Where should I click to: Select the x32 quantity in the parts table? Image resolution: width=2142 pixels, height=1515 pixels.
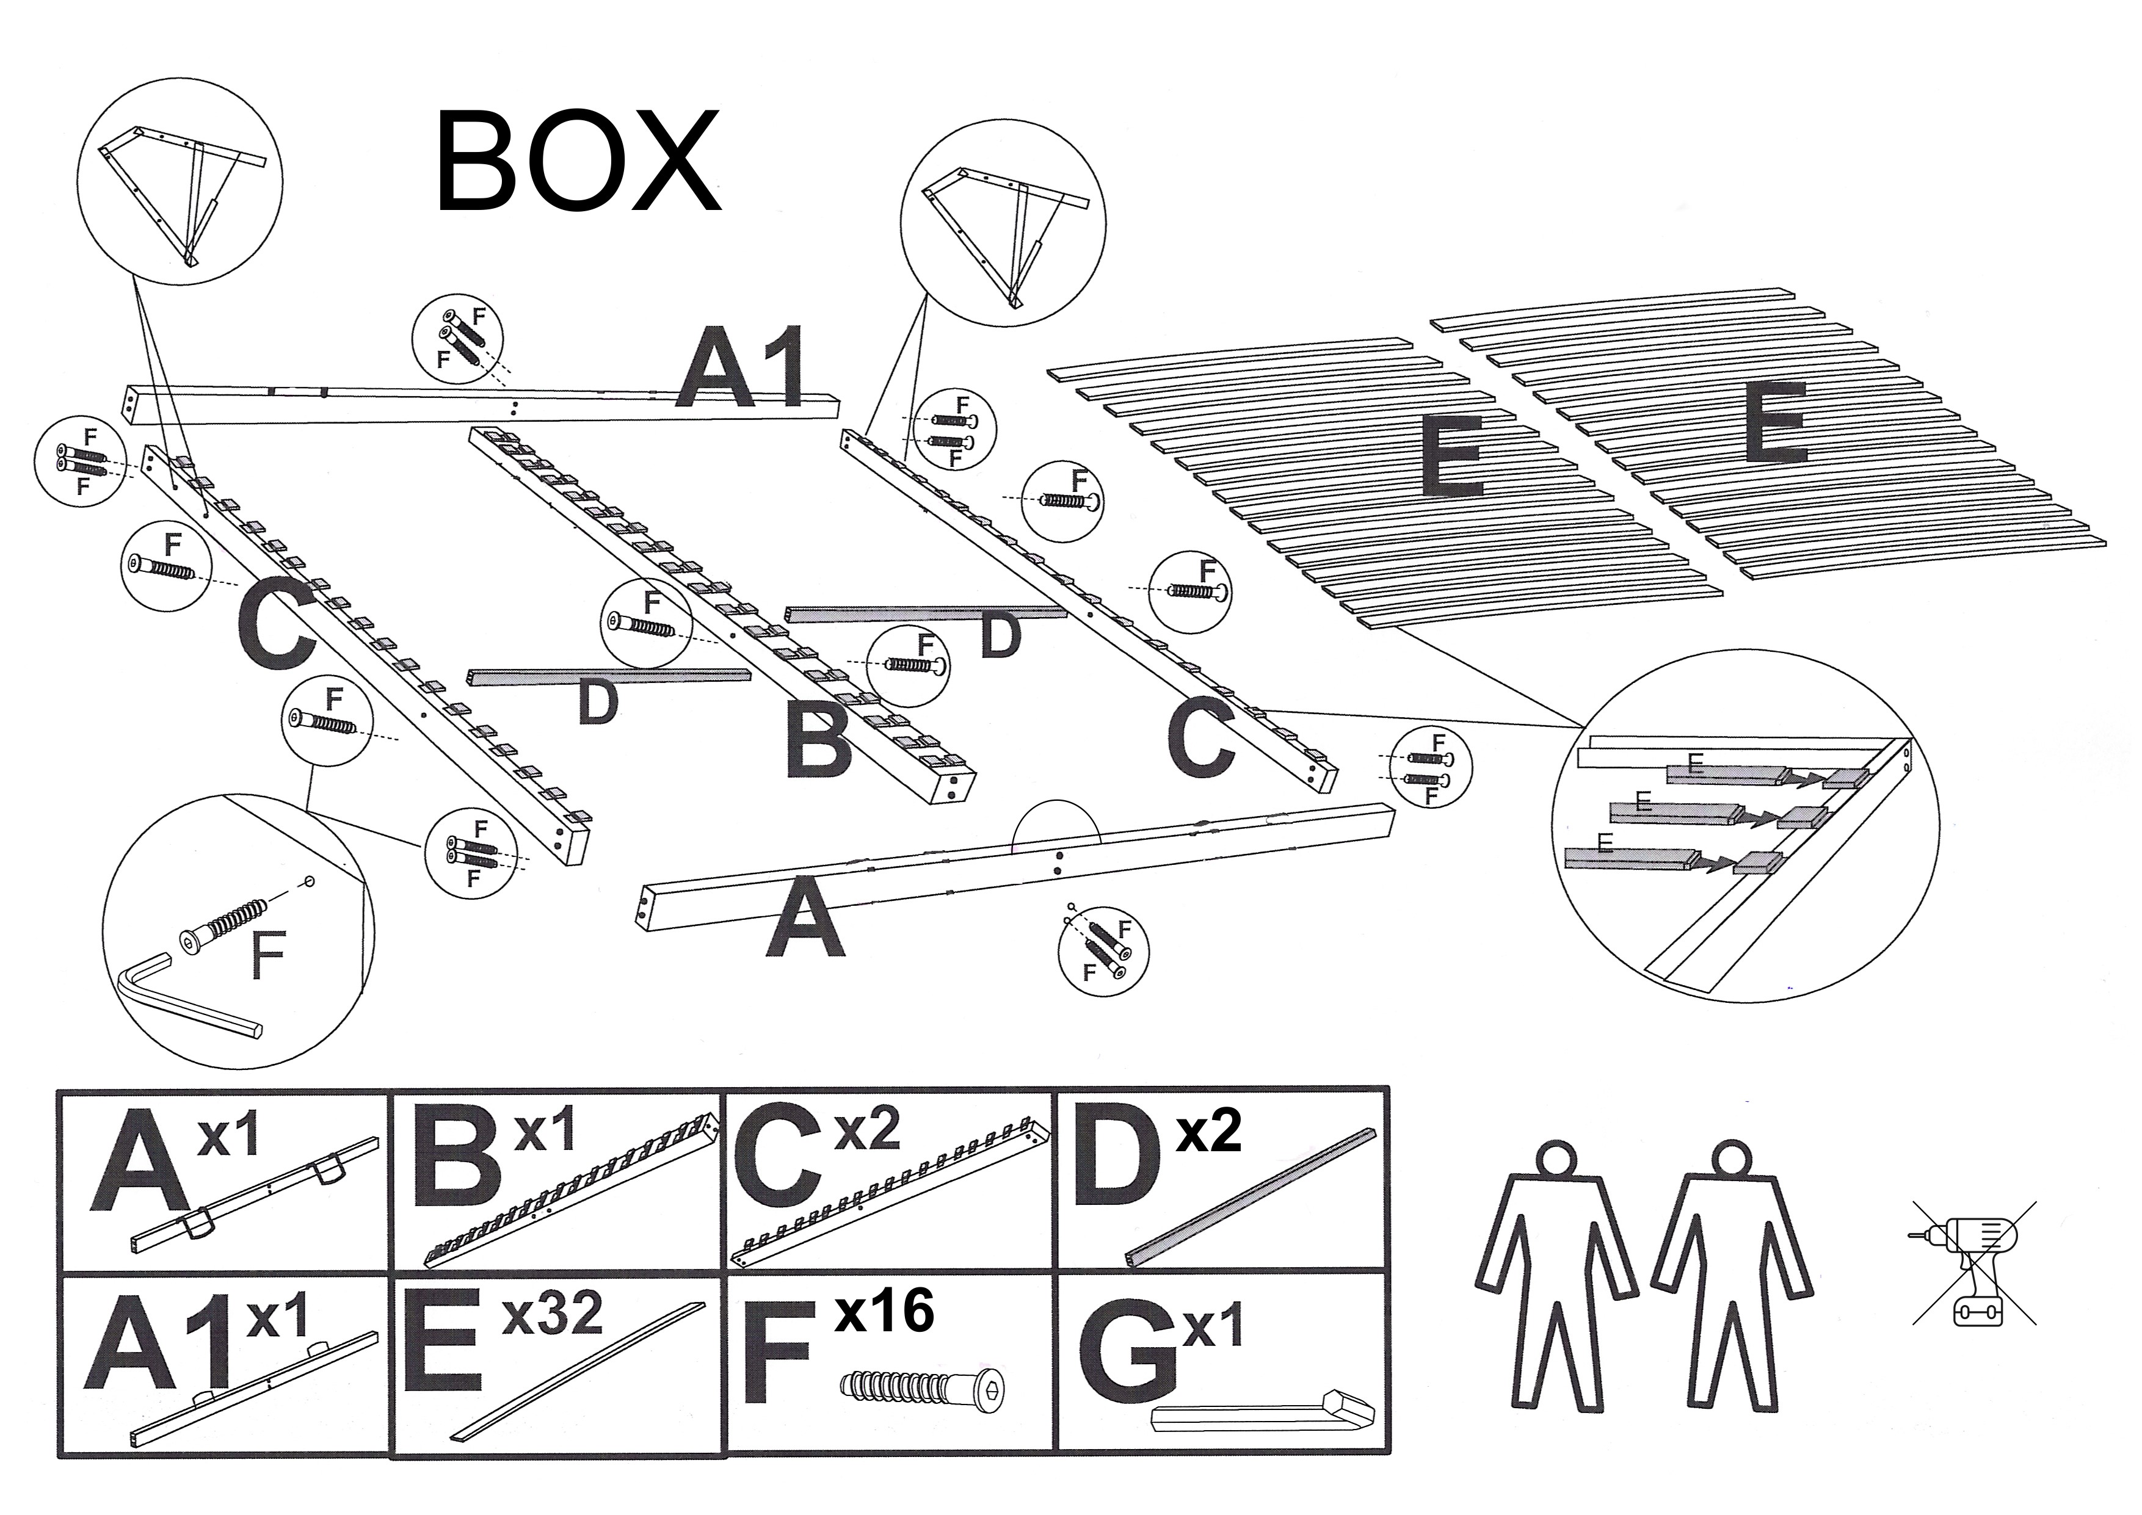point(553,1314)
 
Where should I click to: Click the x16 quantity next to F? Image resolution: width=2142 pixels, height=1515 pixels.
point(884,1310)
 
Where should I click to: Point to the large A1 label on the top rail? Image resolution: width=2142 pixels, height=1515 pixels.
point(742,371)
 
